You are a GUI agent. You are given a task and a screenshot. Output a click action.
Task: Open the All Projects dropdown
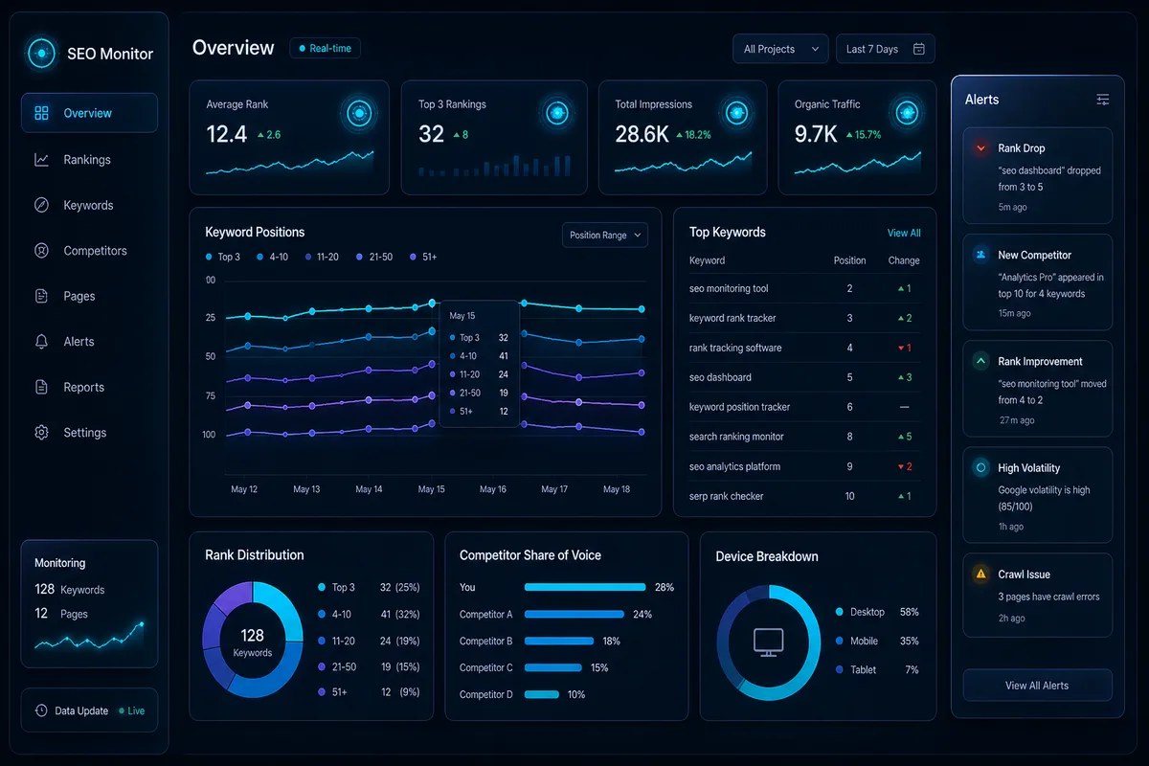click(780, 49)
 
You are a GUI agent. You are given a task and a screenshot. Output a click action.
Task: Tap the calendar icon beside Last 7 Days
click(918, 49)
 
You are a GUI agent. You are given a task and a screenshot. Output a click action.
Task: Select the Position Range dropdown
click(605, 235)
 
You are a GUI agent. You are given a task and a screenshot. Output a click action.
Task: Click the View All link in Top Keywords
click(904, 233)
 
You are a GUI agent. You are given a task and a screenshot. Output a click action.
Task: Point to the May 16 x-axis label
click(492, 489)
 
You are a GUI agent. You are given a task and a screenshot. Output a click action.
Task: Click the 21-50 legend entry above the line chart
click(374, 257)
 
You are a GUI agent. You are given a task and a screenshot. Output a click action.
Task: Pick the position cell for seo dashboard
click(849, 377)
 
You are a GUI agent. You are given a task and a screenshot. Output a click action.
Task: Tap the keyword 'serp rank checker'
click(726, 496)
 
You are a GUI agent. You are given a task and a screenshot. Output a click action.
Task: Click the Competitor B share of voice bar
click(558, 641)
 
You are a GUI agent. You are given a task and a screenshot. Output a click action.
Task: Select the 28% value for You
click(665, 587)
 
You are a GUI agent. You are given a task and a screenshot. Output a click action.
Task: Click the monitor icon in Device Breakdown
click(768, 642)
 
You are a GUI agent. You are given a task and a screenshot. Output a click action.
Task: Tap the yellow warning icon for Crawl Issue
click(980, 574)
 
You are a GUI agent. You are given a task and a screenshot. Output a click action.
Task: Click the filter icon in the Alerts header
click(1102, 99)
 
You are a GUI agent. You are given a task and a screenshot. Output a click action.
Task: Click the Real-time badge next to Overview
click(326, 48)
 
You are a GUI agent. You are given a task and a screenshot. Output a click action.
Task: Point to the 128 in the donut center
click(253, 635)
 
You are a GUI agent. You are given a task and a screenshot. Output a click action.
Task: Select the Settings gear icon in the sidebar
click(41, 433)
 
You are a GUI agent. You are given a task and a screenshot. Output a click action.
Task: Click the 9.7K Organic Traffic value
click(816, 134)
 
